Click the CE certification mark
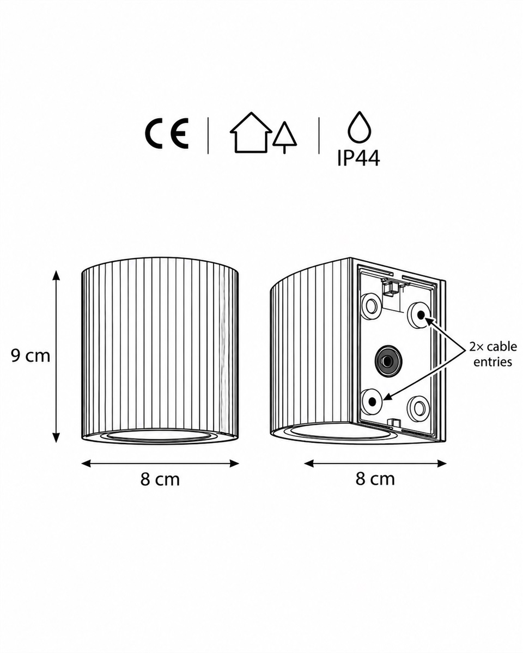(x=167, y=134)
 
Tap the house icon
(x=251, y=132)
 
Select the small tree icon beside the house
(x=284, y=137)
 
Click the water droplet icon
(x=360, y=127)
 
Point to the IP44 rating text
(x=359, y=158)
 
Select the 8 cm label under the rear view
(x=375, y=479)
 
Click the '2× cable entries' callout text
(x=493, y=354)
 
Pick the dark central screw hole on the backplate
(x=387, y=360)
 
